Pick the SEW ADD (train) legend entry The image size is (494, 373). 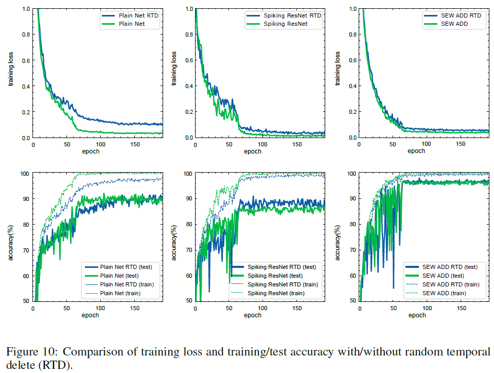coord(451,293)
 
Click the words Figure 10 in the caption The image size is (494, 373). coord(29,352)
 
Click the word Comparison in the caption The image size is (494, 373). coord(90,352)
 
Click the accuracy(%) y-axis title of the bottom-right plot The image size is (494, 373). coord(338,236)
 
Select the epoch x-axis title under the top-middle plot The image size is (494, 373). coord(252,151)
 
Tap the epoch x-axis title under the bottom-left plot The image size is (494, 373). coord(91,315)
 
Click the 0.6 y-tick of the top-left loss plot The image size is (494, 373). coord(25,60)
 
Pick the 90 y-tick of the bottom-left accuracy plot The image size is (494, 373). coord(25,199)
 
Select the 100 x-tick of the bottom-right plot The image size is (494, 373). coord(428,308)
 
